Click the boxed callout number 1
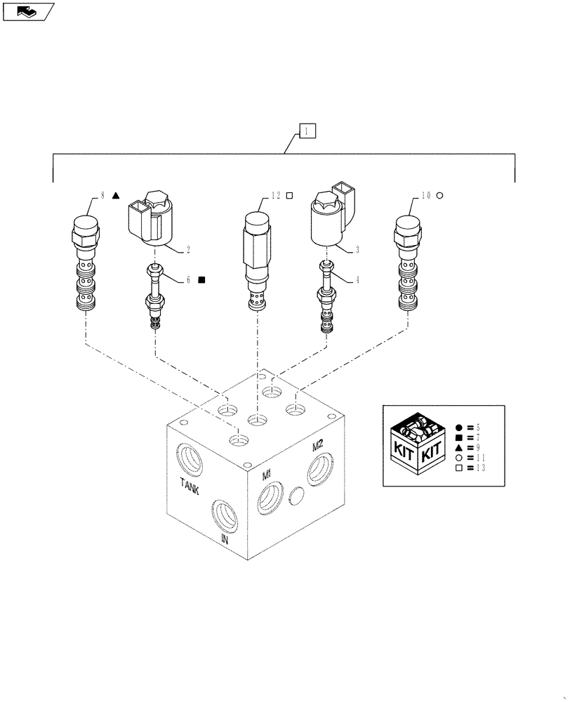click(x=308, y=130)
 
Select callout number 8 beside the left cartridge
click(x=103, y=196)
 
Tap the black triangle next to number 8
click(x=117, y=196)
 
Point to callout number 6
click(x=188, y=279)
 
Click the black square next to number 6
click(x=201, y=279)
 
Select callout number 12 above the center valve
click(x=276, y=196)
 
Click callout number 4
click(x=358, y=279)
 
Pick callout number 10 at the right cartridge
click(x=425, y=196)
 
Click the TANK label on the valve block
click(x=189, y=486)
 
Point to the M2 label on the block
click(x=317, y=445)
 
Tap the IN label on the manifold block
click(x=225, y=539)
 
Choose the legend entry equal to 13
click(x=470, y=468)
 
